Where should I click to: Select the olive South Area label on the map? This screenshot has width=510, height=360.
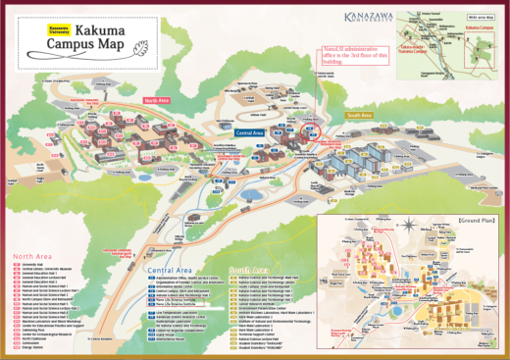(359, 115)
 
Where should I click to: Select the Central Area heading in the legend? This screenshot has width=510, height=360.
(173, 269)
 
